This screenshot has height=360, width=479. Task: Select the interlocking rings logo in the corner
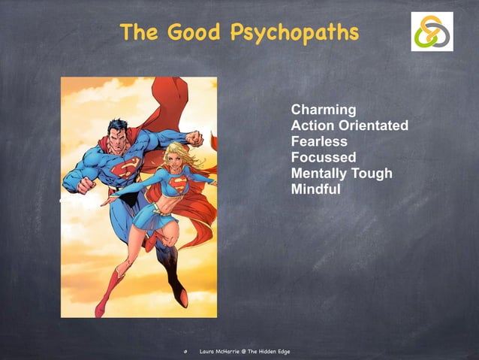coord(432,32)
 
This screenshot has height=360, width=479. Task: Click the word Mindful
coord(315,189)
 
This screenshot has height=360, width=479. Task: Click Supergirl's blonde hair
coord(185,154)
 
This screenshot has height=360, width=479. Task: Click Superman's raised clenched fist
coord(194,138)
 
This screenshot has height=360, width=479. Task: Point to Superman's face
coord(119,135)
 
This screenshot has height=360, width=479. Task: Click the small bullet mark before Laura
coord(185,352)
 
